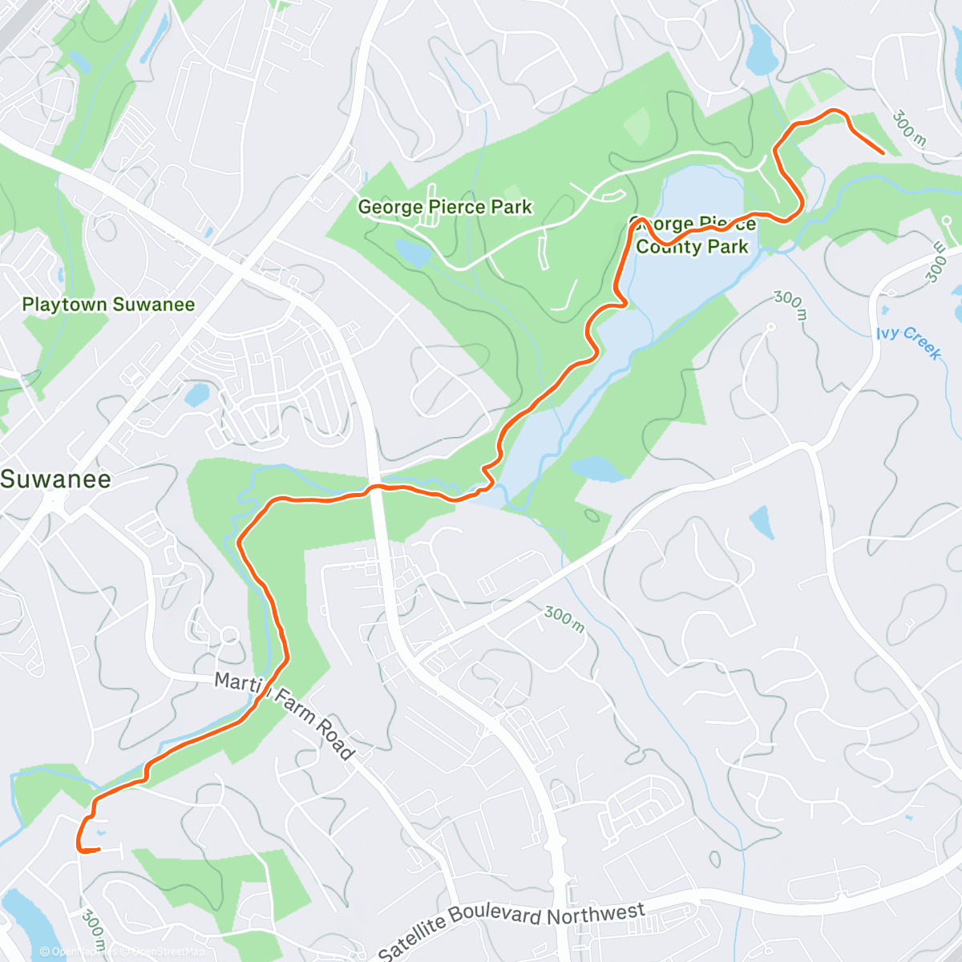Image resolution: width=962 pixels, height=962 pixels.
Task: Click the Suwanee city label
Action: tap(55, 479)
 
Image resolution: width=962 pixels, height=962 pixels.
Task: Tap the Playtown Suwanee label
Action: tap(108, 305)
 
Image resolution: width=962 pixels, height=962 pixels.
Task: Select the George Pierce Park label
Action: tap(444, 207)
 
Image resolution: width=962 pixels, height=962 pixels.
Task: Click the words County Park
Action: tap(692, 247)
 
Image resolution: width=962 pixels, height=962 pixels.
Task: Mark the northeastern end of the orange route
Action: tap(883, 152)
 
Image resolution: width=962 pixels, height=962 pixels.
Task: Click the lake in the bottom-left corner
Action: tap(24, 922)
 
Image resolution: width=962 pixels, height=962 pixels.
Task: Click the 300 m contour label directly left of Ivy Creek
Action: tap(789, 304)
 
